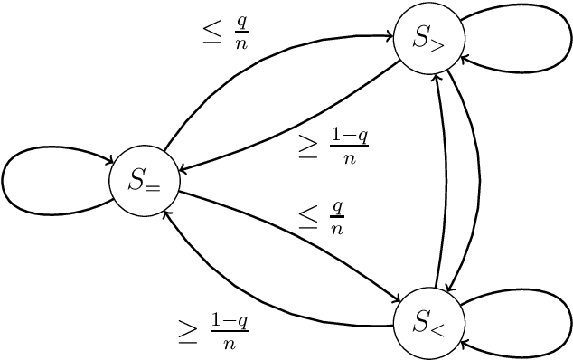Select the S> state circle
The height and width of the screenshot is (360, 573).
[429, 38]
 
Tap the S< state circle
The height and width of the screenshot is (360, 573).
[429, 321]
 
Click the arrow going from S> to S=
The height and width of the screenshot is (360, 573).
[298, 122]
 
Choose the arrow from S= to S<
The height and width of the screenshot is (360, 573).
[298, 236]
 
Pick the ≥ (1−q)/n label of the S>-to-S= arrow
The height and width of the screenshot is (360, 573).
[333, 146]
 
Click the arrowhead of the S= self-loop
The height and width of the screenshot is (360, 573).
[105, 162]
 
